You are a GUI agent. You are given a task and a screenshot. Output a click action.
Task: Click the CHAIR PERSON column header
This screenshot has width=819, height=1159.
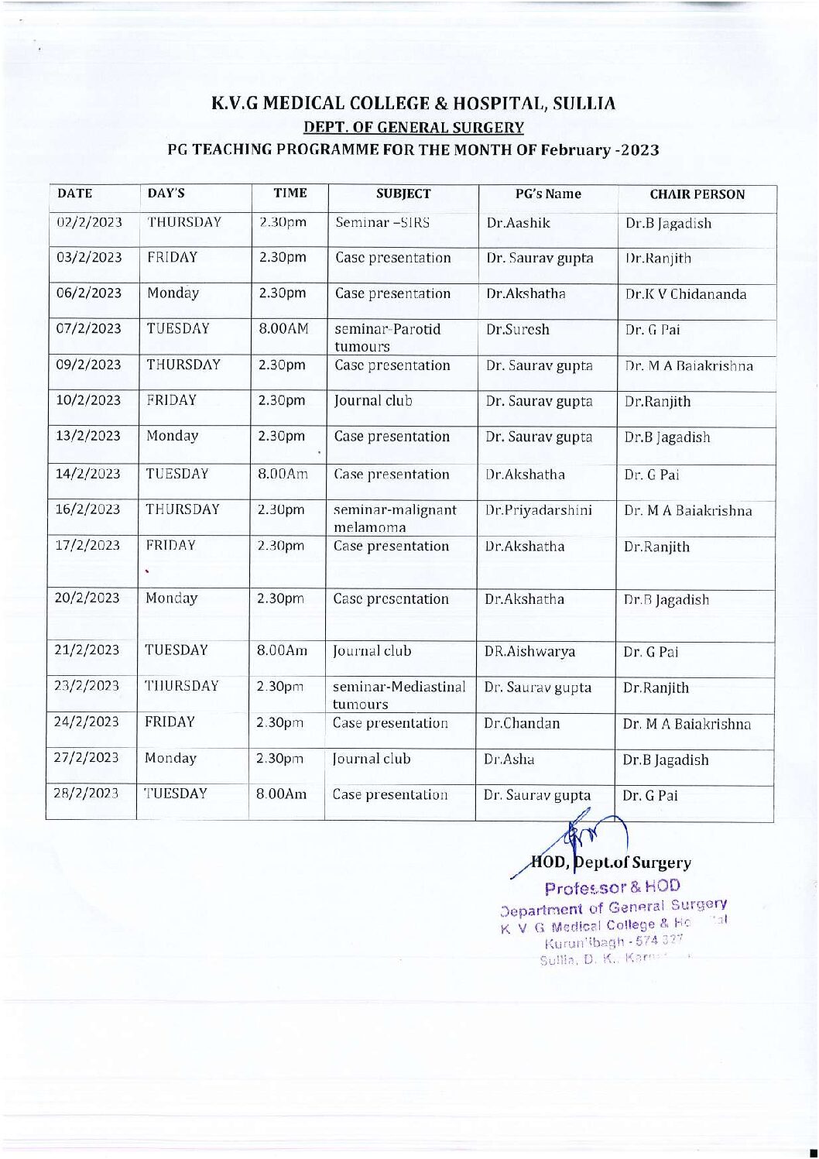[x=697, y=194]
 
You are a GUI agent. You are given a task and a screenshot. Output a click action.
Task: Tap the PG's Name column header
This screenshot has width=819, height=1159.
[x=548, y=194]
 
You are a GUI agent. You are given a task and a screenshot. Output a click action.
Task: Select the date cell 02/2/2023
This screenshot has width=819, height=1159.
[x=90, y=222]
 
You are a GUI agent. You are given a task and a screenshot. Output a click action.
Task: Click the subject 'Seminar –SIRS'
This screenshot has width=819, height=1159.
[x=382, y=222]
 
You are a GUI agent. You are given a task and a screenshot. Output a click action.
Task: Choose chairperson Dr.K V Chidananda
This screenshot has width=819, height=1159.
[x=686, y=294]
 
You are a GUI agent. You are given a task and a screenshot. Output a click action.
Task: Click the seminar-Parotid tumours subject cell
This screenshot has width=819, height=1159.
[x=387, y=338]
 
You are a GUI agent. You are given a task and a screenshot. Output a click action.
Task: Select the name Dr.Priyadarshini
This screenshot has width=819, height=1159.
[x=538, y=510]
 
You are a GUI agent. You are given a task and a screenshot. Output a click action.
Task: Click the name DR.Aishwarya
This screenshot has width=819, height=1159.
[x=529, y=652]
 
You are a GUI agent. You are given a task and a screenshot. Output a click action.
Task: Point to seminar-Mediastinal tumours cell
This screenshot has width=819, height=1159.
[x=399, y=694]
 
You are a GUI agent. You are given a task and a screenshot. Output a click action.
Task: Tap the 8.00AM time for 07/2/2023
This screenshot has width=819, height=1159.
[x=283, y=328]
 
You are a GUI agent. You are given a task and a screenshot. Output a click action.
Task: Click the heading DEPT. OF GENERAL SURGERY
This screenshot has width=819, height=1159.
[x=413, y=127]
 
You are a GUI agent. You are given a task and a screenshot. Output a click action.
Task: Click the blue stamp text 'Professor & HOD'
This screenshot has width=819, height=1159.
[x=613, y=886]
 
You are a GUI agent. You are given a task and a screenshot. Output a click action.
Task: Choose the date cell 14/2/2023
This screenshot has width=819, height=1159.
[x=87, y=473]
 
